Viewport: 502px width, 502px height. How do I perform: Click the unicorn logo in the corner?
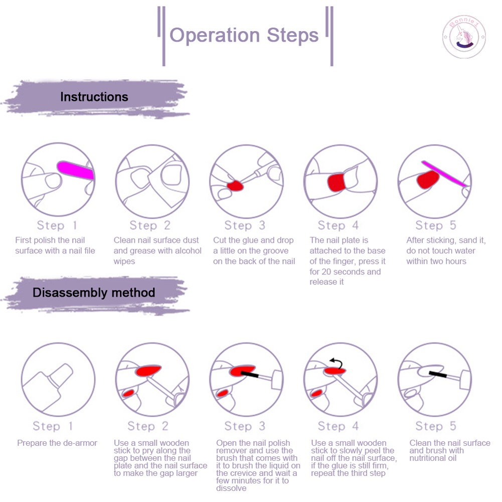(x=464, y=37)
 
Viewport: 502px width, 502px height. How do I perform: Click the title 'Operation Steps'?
(x=244, y=35)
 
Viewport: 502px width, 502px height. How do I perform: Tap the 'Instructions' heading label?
(x=94, y=97)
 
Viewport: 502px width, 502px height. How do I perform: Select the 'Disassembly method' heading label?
(x=94, y=292)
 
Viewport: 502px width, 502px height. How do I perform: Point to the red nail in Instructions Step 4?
(x=336, y=182)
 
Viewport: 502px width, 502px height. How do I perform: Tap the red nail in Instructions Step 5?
(x=428, y=180)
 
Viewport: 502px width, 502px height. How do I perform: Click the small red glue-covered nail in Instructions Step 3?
(x=235, y=186)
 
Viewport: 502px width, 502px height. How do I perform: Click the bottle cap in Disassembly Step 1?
(x=61, y=375)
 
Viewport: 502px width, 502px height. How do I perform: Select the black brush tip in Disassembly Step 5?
(x=438, y=374)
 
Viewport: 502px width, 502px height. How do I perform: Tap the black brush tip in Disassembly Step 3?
(x=250, y=374)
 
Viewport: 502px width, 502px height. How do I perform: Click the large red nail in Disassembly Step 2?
(x=148, y=371)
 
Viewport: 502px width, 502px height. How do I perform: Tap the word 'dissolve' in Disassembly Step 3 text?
(x=231, y=488)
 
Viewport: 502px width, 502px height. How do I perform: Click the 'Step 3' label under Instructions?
(x=245, y=225)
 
